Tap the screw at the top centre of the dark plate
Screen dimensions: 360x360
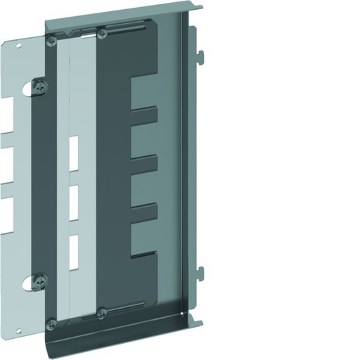coord(102,32)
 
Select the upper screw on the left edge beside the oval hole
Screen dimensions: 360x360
coord(41,86)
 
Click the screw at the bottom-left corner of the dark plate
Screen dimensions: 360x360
coord(52,323)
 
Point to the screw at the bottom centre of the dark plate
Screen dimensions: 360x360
coord(103,311)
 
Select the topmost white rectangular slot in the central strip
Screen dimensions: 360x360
coord(73,150)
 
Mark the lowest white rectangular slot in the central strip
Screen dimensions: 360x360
coord(73,250)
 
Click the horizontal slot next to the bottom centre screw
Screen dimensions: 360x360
coord(130,304)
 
